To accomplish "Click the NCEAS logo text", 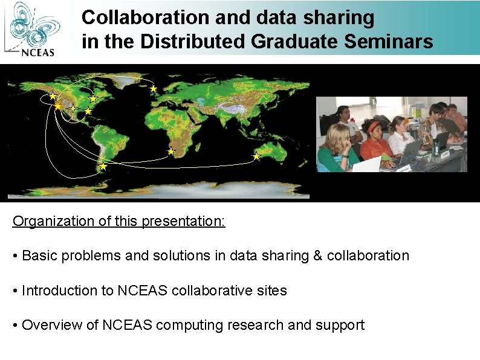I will [x=38, y=51].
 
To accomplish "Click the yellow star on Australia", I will [x=256, y=156].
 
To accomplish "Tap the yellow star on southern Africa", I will [x=171, y=152].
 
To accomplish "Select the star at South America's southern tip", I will [x=103, y=166].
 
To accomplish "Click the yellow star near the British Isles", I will [x=154, y=89].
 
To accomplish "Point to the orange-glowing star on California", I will [x=58, y=106].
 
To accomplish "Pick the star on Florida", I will [x=88, y=111].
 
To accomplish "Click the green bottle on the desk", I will [x=435, y=148].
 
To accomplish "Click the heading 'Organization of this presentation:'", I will [x=119, y=221].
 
